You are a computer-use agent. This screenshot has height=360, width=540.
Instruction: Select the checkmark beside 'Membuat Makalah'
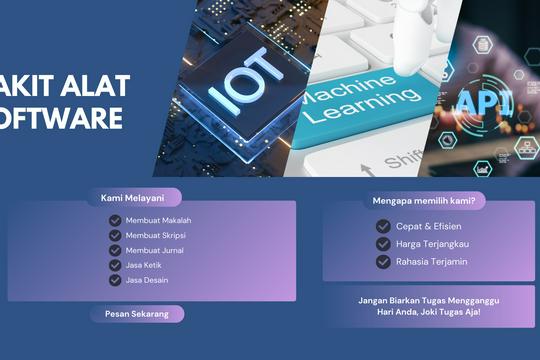point(115,220)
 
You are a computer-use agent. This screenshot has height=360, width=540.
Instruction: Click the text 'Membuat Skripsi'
point(155,235)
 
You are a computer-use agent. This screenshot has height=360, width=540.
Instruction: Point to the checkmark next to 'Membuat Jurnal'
point(115,250)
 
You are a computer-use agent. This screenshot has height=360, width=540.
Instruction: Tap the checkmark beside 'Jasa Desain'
point(115,280)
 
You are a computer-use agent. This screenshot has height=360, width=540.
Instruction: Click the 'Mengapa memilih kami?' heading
point(424,201)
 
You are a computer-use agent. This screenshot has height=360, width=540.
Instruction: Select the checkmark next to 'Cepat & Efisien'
point(383,226)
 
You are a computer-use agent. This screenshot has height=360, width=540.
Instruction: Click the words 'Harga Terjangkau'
point(432,244)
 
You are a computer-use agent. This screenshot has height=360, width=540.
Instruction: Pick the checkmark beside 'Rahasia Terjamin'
point(383,262)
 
